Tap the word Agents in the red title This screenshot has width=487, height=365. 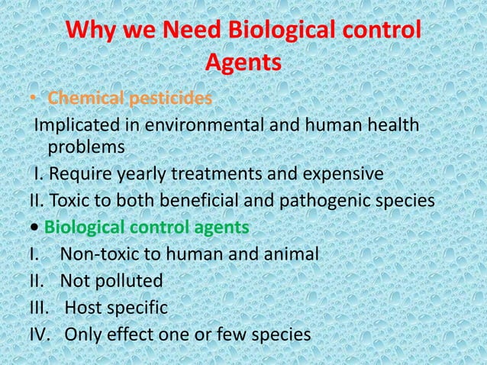[243, 66]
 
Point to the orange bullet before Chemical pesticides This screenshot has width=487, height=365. [34, 99]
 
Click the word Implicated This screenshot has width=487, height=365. [74, 124]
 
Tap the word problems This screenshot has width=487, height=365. [85, 145]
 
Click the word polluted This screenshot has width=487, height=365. [127, 281]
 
